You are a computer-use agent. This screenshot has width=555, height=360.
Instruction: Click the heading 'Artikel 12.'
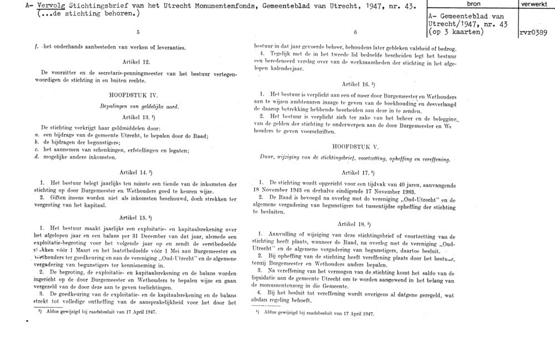pos(136,62)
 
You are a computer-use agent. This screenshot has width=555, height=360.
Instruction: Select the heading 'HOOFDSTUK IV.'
pos(136,95)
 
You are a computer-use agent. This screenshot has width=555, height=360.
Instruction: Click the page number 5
pos(138,32)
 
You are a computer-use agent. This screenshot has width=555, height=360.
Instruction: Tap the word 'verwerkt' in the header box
pos(536,4)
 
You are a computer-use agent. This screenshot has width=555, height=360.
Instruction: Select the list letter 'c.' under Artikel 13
pos(36,149)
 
